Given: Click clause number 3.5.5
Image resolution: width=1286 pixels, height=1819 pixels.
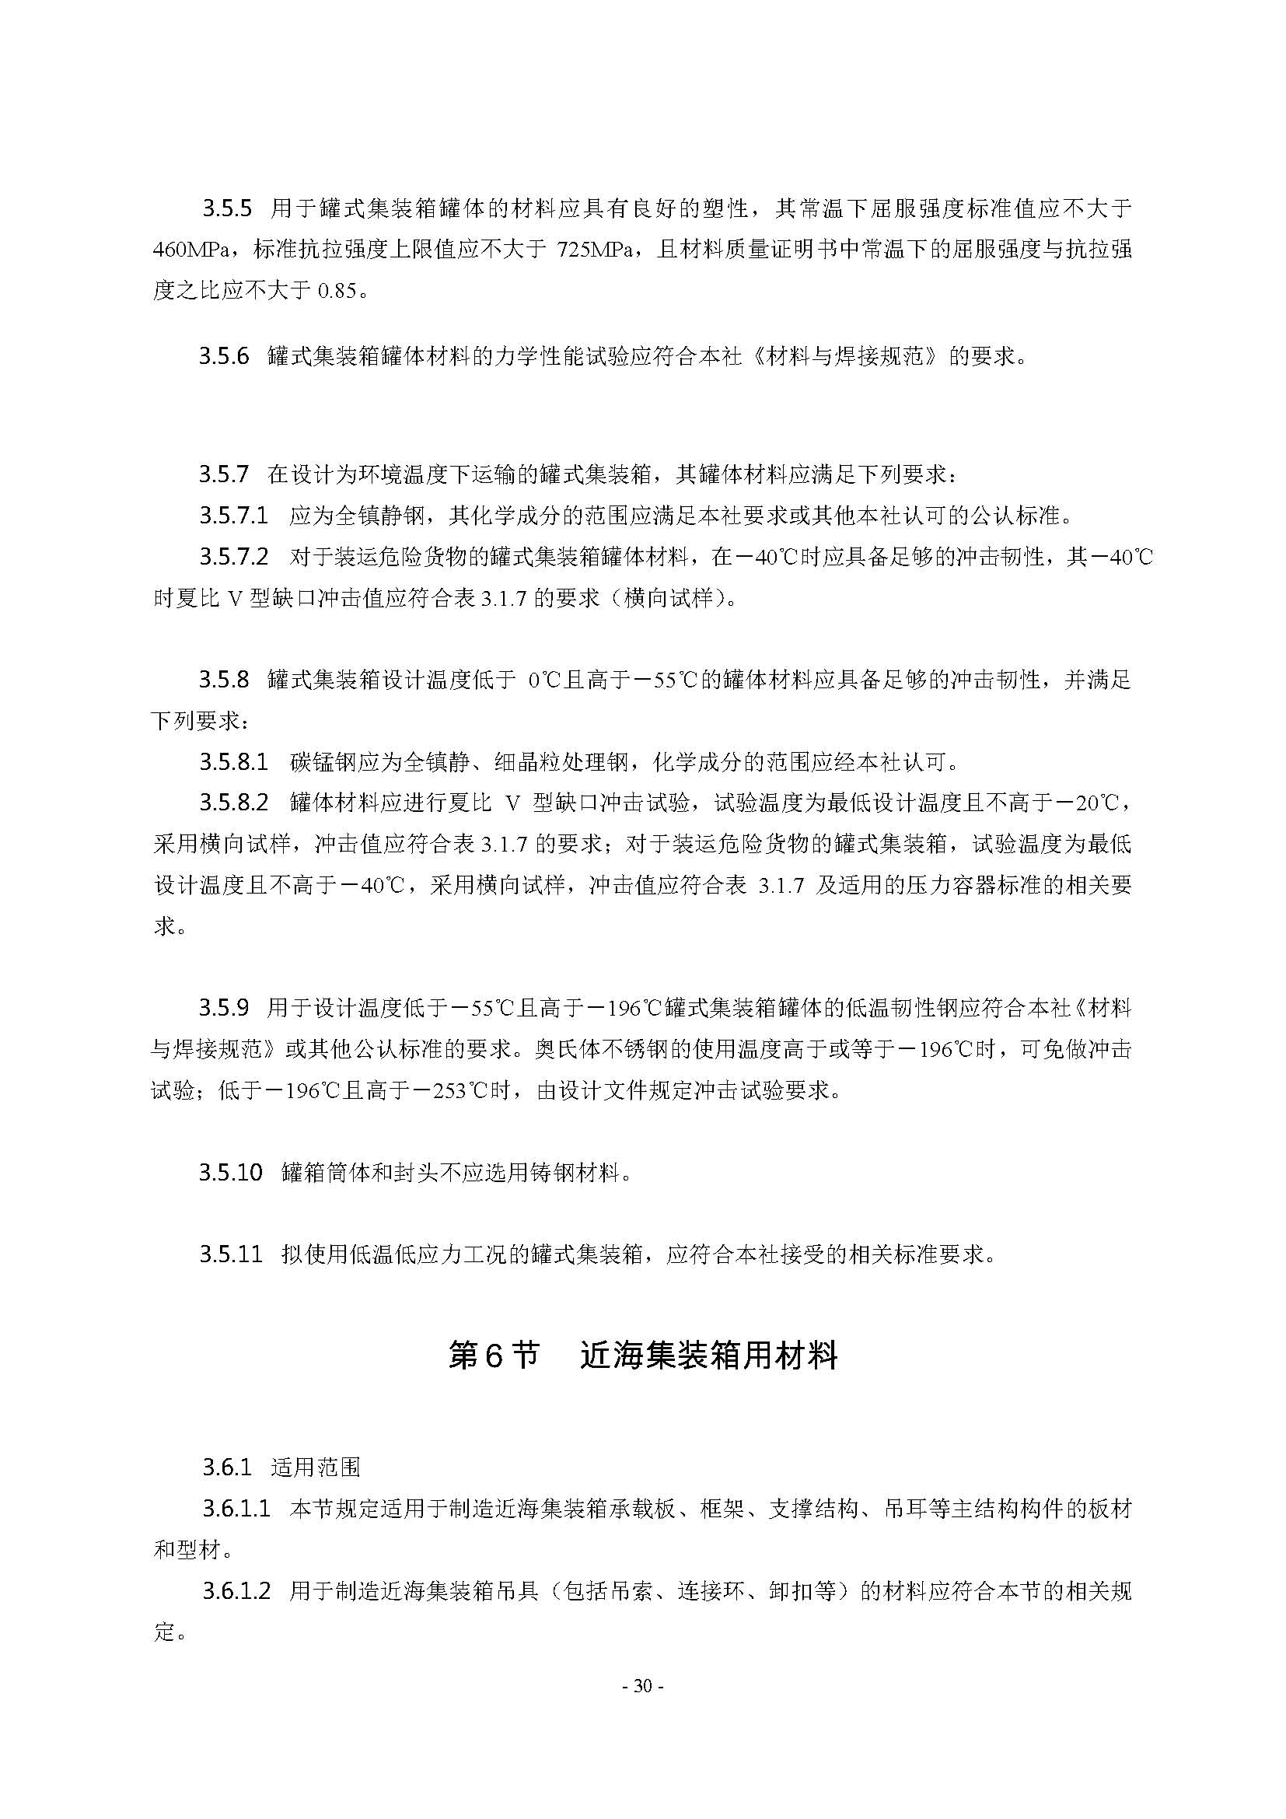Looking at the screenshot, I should click(x=226, y=209).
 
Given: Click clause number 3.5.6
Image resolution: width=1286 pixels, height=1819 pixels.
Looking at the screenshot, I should click(x=224, y=356).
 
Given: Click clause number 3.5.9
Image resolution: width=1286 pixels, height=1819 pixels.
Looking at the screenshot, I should click(x=224, y=1008).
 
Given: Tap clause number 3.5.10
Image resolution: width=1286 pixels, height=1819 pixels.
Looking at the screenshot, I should click(x=230, y=1173).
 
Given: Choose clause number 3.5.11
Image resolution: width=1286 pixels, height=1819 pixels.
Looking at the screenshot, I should click(x=230, y=1255).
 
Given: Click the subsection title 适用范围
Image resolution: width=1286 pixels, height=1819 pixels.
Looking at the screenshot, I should click(x=315, y=1467).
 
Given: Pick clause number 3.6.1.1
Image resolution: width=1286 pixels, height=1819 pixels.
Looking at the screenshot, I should click(x=236, y=1509).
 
